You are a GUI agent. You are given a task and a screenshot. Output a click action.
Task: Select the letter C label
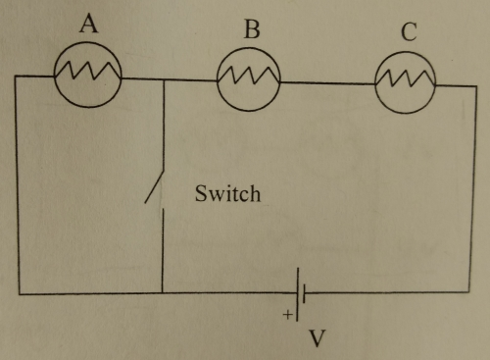point(408,32)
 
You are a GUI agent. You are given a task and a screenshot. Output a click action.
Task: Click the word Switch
point(228,194)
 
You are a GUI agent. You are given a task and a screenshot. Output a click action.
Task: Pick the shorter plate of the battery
point(307,292)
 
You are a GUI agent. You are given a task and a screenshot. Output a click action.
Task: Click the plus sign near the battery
point(287,316)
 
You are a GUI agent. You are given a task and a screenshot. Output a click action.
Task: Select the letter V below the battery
point(316,339)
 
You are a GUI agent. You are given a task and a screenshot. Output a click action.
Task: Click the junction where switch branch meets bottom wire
point(163,292)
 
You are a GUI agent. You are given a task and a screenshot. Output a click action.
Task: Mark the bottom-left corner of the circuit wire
point(18,292)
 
